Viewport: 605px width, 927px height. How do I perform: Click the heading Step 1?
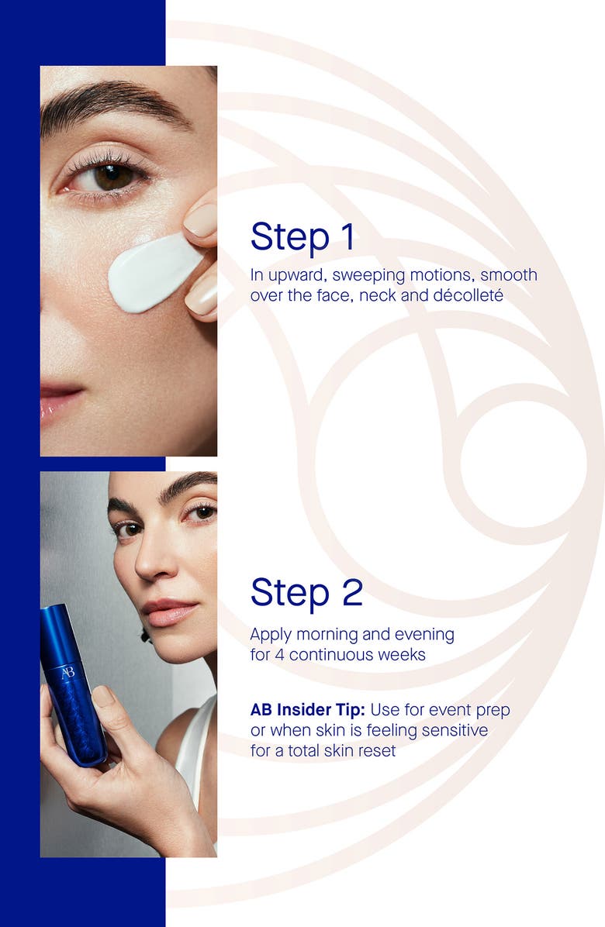(x=302, y=236)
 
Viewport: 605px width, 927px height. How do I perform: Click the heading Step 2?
(x=306, y=592)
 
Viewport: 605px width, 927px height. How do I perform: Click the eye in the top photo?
(x=112, y=177)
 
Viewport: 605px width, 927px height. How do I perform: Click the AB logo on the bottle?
(x=67, y=672)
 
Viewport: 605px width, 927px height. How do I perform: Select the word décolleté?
(x=463, y=295)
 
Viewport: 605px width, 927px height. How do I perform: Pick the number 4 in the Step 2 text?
(x=279, y=655)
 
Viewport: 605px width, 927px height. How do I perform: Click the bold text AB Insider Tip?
(x=307, y=710)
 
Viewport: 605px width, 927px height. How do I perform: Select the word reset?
(x=376, y=750)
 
